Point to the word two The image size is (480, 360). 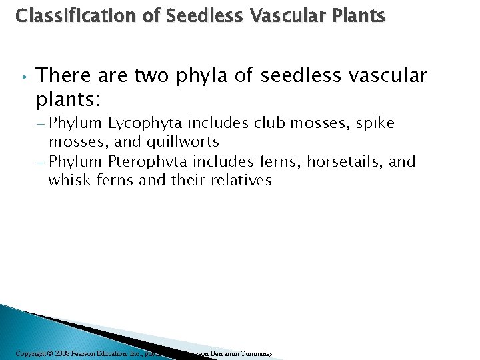coord(152,76)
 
